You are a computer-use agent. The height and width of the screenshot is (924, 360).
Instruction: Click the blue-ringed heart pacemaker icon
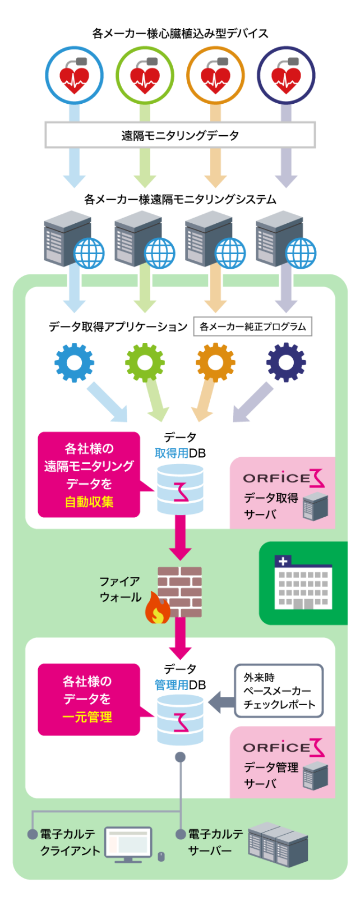click(74, 76)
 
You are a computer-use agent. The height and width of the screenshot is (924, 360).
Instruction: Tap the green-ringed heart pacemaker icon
click(145, 76)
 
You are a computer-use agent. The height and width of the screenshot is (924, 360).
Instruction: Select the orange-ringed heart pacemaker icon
click(215, 76)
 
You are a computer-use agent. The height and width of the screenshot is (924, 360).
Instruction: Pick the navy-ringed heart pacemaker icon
click(286, 76)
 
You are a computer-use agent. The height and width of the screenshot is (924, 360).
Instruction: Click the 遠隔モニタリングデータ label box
click(180, 135)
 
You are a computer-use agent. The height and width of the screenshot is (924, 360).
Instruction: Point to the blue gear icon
click(74, 362)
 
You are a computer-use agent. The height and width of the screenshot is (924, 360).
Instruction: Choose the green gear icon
click(145, 362)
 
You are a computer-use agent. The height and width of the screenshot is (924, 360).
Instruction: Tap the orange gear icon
click(215, 362)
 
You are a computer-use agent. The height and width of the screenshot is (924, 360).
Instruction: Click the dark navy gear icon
click(286, 362)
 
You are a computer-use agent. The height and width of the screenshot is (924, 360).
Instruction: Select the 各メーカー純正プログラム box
click(252, 327)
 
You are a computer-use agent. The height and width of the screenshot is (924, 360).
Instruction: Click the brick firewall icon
click(180, 591)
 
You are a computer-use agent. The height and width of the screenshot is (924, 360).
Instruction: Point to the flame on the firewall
click(158, 610)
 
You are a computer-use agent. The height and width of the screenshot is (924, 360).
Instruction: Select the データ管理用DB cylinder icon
click(180, 720)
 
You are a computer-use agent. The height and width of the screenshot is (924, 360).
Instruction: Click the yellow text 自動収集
click(89, 502)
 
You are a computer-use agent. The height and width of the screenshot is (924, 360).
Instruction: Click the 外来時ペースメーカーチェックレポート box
click(279, 691)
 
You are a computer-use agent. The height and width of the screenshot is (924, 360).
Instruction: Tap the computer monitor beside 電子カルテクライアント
click(128, 844)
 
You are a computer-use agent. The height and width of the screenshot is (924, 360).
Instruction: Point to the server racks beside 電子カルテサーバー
click(278, 844)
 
